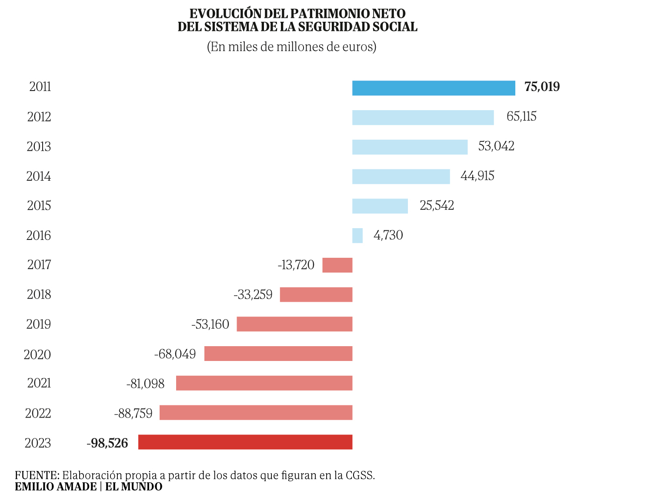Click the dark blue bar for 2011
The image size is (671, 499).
[x=434, y=88]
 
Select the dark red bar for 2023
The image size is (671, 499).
[x=245, y=442]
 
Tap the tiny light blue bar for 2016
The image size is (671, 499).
[x=357, y=236]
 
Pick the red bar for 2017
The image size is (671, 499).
[x=337, y=265]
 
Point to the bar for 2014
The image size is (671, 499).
[x=401, y=177]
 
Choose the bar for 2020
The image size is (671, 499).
[x=278, y=354]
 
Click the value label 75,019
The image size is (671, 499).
[x=542, y=87]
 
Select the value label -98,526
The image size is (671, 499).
[x=107, y=443]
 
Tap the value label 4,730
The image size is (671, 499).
[x=388, y=235]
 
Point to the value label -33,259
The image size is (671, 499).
[x=253, y=295]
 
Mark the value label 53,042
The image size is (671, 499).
[x=496, y=146]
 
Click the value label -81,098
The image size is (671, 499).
[x=146, y=384]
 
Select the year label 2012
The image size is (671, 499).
[x=39, y=117]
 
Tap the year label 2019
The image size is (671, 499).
[x=39, y=324]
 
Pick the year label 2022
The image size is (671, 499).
[x=38, y=413]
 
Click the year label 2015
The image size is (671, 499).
[x=39, y=206]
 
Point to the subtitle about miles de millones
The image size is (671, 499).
[x=292, y=47]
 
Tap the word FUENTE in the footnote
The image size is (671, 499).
[x=37, y=475]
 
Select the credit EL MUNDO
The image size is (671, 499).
[x=134, y=486]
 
